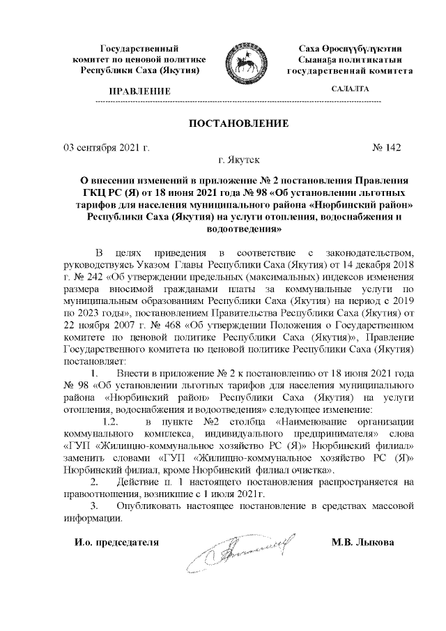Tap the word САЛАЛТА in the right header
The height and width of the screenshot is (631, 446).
click(x=350, y=89)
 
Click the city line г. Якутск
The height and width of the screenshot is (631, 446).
click(x=240, y=160)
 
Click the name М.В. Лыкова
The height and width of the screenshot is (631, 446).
click(x=364, y=542)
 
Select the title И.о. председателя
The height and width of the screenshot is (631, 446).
click(x=117, y=542)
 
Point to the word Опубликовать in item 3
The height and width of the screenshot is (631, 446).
click(x=148, y=507)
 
